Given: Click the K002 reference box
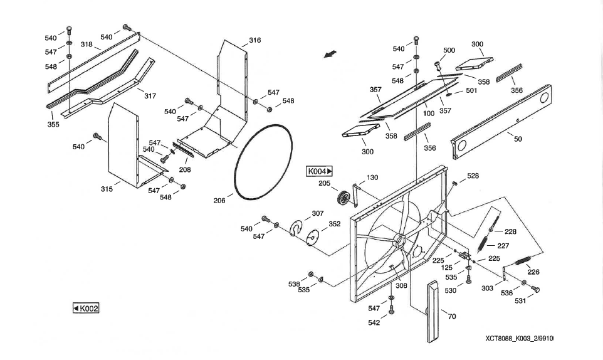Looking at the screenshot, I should point(86,308).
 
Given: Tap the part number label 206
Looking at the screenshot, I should point(219,201).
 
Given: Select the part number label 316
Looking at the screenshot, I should point(254,40).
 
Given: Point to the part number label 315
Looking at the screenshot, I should point(107,189).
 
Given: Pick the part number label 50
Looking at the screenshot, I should point(518,139).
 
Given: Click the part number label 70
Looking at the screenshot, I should point(452,316).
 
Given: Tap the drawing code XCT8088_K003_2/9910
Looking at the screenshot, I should point(520,339).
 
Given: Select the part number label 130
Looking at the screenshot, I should point(372,177).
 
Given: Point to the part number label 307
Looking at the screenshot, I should point(317,213).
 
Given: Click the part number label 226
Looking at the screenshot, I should point(533,272).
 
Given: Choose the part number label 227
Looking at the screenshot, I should point(503,246).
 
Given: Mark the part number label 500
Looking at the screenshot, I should point(449,50).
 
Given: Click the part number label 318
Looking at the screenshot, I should point(87,45).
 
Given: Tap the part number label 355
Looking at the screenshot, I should point(53,124).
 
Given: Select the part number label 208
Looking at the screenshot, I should point(184,169).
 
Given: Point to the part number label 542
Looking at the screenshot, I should point(373,323).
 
